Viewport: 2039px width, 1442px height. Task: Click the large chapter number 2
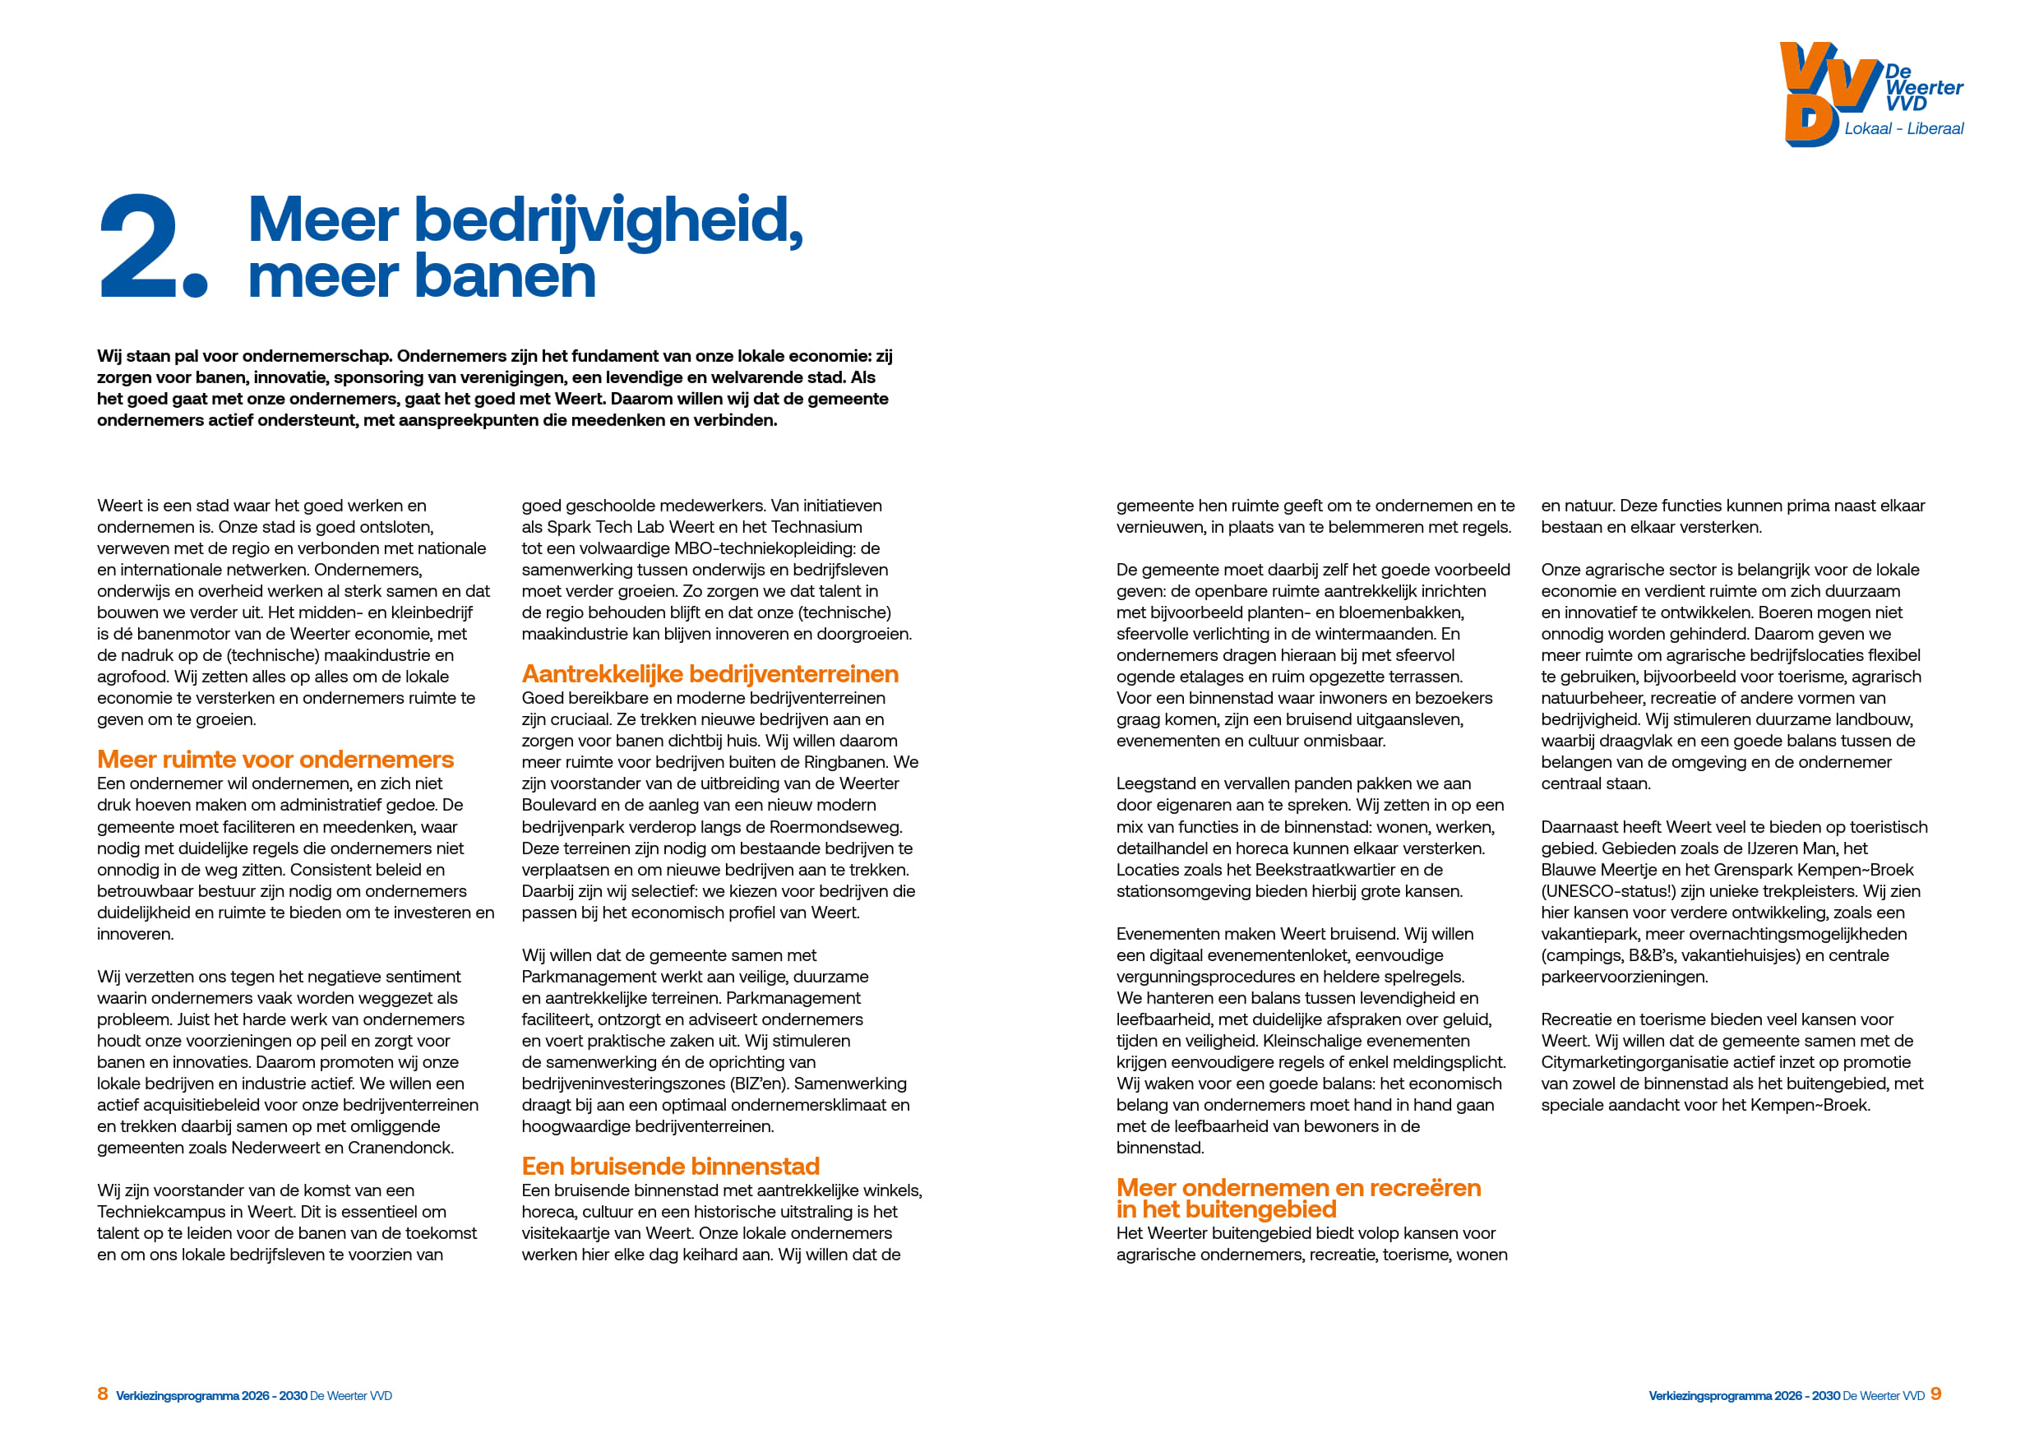click(142, 246)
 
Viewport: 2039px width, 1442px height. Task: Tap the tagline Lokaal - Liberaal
click(1903, 129)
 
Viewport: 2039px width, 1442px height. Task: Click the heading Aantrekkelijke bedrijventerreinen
click(710, 674)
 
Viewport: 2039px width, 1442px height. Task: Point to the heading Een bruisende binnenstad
click(671, 1166)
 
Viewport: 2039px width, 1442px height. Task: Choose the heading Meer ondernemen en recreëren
click(1298, 1188)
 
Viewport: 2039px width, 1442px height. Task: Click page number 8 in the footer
click(103, 1394)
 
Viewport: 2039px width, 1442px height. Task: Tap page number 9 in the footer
click(1936, 1394)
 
